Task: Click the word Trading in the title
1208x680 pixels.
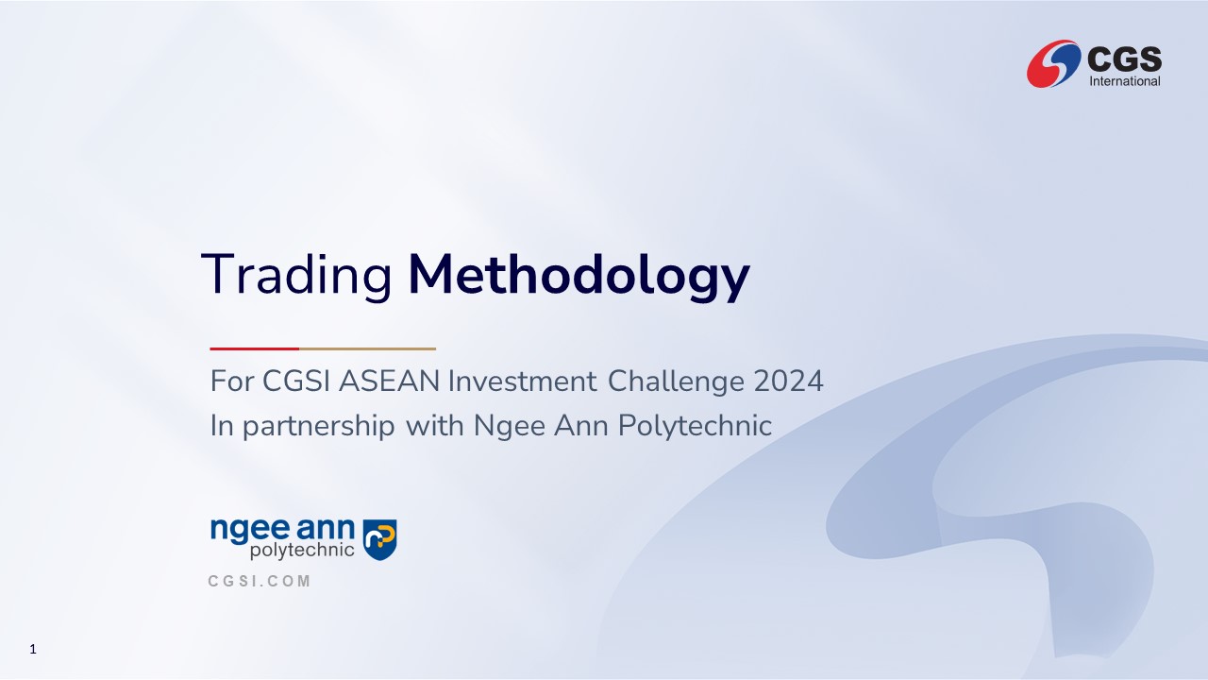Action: (296, 275)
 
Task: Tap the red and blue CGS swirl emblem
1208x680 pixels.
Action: (1053, 63)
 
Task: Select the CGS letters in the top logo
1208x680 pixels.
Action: (1124, 59)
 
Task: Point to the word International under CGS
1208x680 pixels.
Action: (1125, 81)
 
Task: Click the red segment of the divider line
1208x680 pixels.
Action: (255, 348)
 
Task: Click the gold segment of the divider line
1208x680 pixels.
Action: (367, 348)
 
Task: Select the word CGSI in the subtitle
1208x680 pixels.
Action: (295, 381)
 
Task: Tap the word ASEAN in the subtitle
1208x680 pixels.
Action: (390, 381)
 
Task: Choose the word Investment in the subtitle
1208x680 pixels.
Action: (523, 381)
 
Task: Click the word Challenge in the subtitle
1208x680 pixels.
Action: (676, 382)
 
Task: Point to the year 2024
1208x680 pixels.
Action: (788, 381)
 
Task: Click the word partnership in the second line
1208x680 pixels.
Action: (319, 426)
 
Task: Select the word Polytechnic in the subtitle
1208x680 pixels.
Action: (696, 426)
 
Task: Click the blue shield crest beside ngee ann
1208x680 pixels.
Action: (379, 539)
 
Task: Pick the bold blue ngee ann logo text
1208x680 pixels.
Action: (282, 530)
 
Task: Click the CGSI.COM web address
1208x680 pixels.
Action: (260, 581)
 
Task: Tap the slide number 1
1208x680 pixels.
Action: (33, 649)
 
